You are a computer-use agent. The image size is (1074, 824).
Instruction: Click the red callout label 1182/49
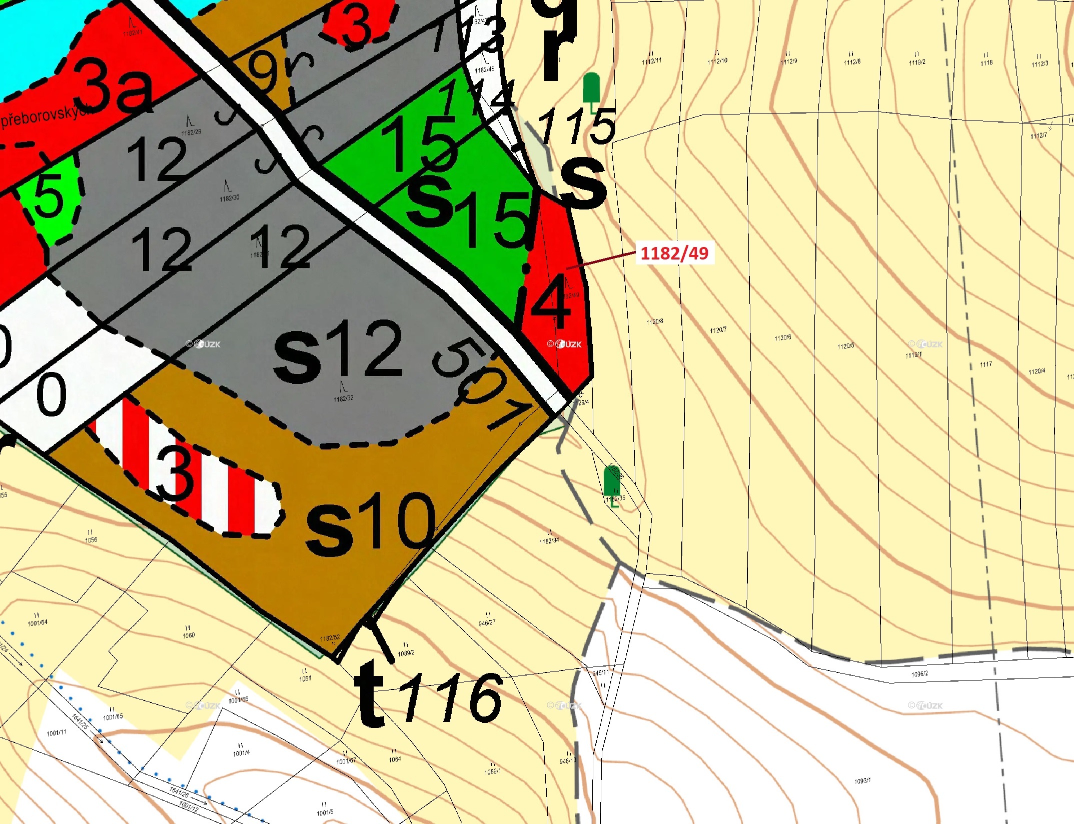pyautogui.click(x=674, y=253)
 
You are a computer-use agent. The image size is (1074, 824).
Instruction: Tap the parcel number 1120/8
pyautogui.click(x=655, y=321)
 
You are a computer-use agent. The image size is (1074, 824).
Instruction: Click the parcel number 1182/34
pyautogui.click(x=549, y=541)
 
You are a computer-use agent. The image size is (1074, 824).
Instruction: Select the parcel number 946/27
pyautogui.click(x=487, y=623)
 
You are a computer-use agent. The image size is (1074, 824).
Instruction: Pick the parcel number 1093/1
pyautogui.click(x=862, y=780)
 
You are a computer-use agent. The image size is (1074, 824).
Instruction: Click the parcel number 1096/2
pyautogui.click(x=919, y=674)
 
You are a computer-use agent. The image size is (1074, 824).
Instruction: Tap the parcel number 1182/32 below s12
pyautogui.click(x=344, y=398)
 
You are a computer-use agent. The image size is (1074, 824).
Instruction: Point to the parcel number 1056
pyautogui.click(x=91, y=540)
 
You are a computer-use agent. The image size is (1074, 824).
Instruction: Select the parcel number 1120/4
pyautogui.click(x=1036, y=371)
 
